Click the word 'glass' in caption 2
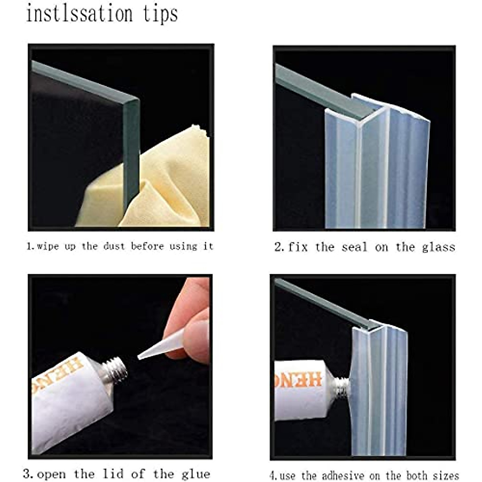[x=438, y=247]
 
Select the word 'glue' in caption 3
[x=196, y=474]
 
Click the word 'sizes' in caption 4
[x=445, y=476]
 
